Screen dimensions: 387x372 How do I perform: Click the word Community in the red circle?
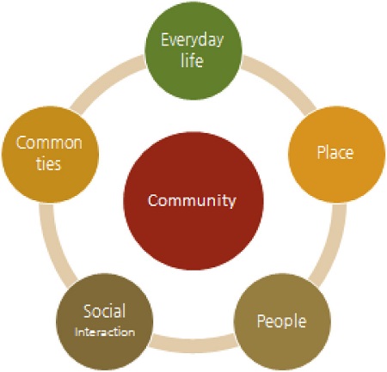[x=192, y=200]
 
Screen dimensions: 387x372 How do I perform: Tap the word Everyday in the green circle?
[x=192, y=40]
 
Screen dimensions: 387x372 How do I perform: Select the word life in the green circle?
[x=192, y=60]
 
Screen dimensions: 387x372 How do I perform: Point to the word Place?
[x=335, y=152]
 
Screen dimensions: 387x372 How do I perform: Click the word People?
[x=281, y=321]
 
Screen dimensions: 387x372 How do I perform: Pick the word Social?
[x=104, y=311]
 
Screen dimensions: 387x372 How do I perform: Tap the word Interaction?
[x=105, y=332]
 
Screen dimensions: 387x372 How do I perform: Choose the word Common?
[x=49, y=143]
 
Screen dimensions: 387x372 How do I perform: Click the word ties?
[x=49, y=164]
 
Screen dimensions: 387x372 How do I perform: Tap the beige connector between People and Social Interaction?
[x=193, y=342]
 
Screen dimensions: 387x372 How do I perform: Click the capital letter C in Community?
[x=153, y=200]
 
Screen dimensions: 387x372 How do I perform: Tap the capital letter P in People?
[x=261, y=320]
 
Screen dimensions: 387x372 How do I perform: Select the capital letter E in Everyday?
[x=165, y=40]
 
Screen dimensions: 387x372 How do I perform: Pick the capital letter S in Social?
[x=88, y=311]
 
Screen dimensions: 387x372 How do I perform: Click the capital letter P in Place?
[x=321, y=152]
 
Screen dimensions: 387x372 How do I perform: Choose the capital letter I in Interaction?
[x=76, y=332]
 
